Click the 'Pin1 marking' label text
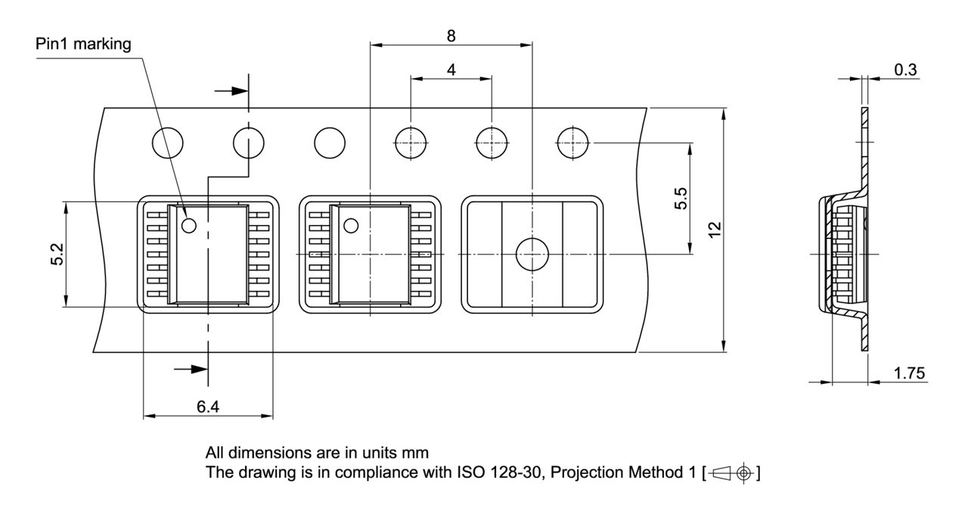[x=83, y=45]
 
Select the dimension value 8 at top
[x=451, y=36]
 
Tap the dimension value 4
[x=451, y=70]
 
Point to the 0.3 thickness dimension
[x=905, y=70]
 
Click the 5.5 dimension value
[x=681, y=199]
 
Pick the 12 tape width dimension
[x=715, y=230]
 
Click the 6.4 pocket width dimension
[x=208, y=407]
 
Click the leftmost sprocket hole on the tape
[x=168, y=141]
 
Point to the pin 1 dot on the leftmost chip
[x=188, y=225]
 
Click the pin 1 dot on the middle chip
[x=351, y=225]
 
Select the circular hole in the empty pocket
[x=532, y=254]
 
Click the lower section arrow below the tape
[x=191, y=369]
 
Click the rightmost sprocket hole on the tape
[x=572, y=141]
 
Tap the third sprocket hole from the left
[x=330, y=141]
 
